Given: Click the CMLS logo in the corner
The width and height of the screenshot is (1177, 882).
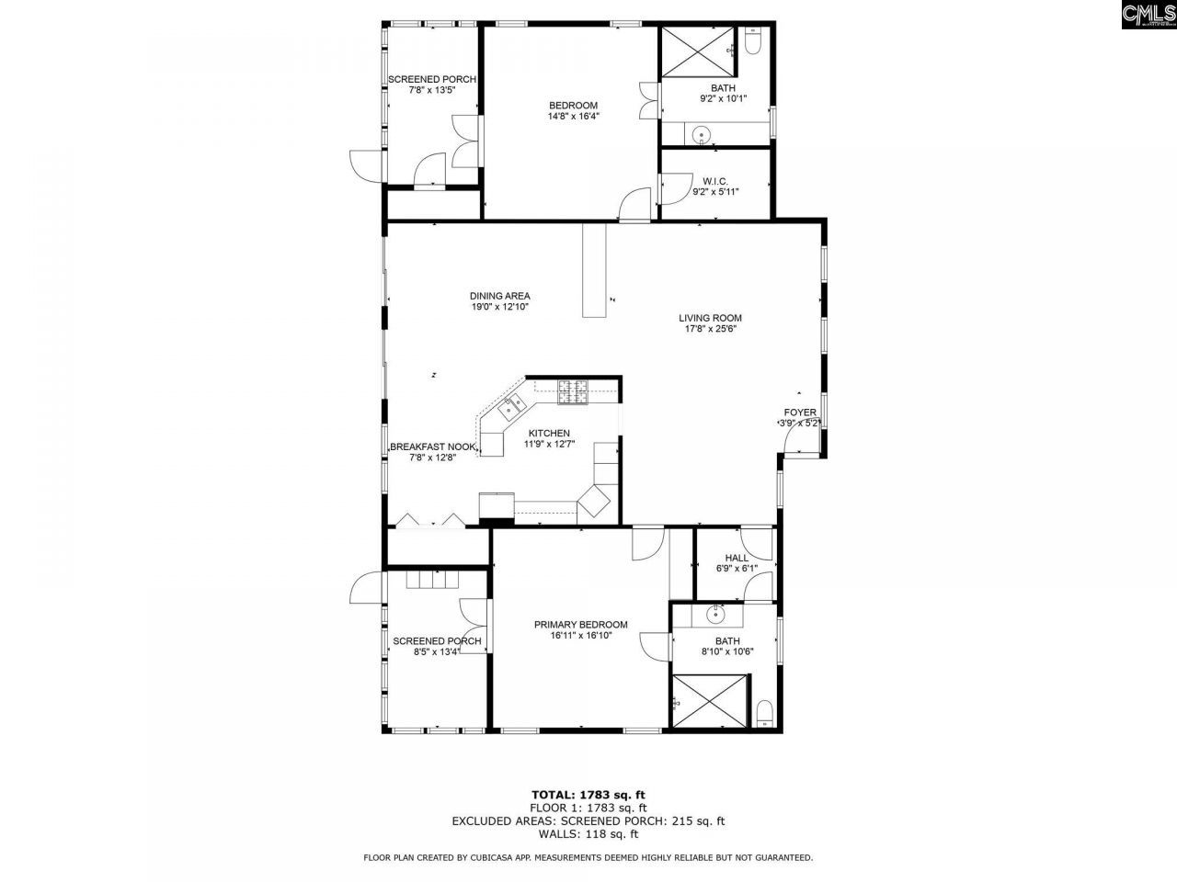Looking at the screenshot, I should pos(1148,16).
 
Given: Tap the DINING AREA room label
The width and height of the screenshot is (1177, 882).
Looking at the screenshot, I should pos(499,296).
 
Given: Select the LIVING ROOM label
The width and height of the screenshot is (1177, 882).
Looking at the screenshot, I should pos(710,318).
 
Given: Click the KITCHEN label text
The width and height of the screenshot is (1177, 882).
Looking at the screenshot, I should pos(549,434).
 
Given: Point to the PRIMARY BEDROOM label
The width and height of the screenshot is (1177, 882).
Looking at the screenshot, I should pos(580,625).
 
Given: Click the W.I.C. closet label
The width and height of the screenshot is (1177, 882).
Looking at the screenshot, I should pos(715,180).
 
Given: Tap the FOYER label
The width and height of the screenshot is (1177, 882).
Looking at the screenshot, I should pos(799,413).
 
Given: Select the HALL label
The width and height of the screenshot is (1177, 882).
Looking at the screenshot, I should pos(737,558).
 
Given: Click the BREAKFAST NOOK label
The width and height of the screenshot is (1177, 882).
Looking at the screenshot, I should pos(433,447).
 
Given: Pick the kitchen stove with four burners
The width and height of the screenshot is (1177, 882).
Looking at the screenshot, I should pos(573,392).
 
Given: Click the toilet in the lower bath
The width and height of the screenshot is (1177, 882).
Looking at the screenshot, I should pos(762,713).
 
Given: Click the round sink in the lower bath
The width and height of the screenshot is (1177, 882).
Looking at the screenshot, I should pos(714,613).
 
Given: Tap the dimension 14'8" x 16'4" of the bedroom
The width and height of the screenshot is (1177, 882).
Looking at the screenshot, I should pos(573,117).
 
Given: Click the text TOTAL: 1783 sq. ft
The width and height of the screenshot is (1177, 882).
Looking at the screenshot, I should pos(588,794).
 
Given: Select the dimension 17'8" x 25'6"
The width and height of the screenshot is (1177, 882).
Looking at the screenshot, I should pos(710,329).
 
